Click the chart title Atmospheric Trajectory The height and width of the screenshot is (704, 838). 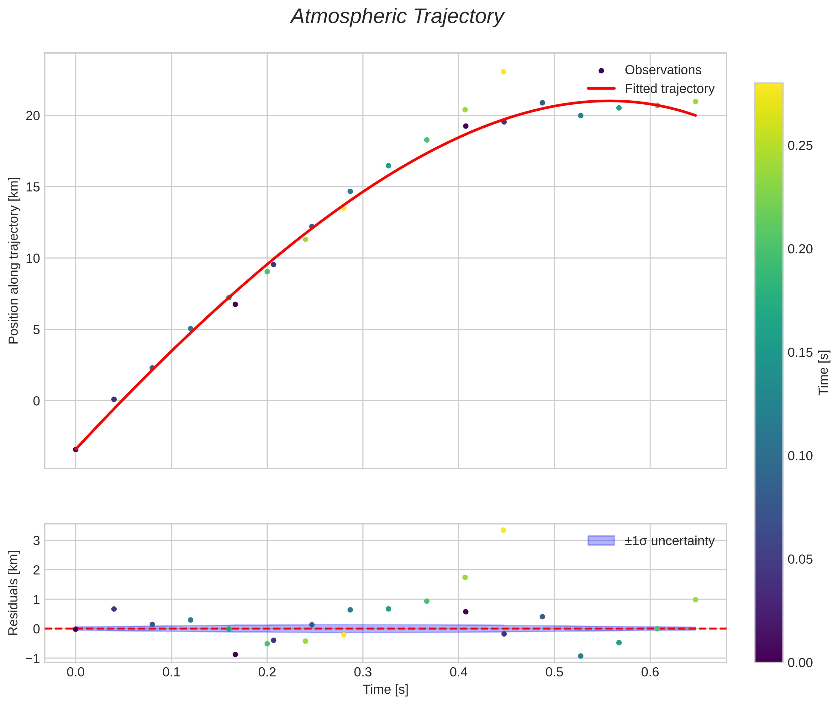[x=397, y=17]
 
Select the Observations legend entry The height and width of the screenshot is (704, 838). [x=663, y=70]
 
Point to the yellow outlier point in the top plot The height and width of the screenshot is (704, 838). [x=503, y=72]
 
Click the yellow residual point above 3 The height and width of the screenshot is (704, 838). [x=503, y=530]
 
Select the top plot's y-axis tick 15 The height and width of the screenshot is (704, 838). [x=33, y=187]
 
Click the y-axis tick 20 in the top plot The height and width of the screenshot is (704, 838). [x=33, y=116]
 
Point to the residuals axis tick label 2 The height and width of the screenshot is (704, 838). [x=36, y=570]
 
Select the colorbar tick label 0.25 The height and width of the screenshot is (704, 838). [x=800, y=146]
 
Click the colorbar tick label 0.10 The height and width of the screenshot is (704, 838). [x=800, y=456]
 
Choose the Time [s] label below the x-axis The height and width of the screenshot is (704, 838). [x=385, y=690]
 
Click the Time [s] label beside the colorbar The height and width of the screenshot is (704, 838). [x=823, y=372]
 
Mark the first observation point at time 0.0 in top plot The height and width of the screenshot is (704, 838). [x=76, y=449]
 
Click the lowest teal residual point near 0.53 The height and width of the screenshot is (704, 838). [x=581, y=656]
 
